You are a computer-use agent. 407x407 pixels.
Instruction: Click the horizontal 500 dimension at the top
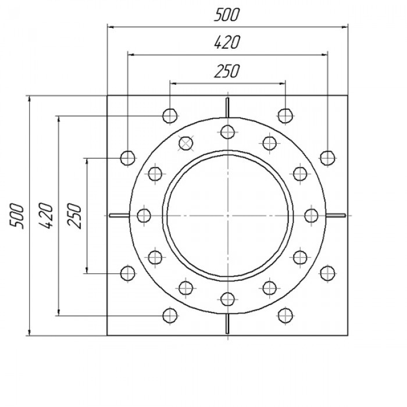point(226,15)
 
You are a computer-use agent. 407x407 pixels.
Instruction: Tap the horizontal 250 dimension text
point(227,72)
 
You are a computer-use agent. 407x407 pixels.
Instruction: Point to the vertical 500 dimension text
point(16,216)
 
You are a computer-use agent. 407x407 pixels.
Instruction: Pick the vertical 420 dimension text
point(46,216)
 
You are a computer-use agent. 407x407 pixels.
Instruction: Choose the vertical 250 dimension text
point(74,216)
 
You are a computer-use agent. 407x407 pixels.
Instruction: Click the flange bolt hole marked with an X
point(186,143)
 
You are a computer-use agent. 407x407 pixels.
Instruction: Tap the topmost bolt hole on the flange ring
point(228,132)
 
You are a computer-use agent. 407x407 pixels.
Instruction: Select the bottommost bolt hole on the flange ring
point(228,299)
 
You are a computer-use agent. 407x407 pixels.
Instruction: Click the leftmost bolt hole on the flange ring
point(144,216)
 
